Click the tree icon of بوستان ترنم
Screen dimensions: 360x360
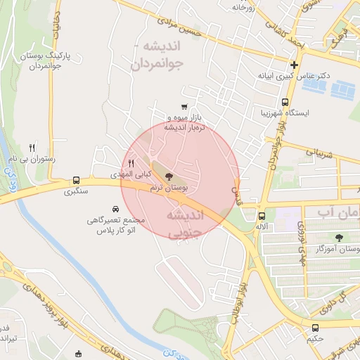tap(168, 176)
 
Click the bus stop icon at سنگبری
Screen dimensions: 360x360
tap(76, 180)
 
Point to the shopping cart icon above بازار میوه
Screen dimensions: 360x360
tap(184, 107)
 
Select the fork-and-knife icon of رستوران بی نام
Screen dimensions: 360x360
tap(32, 148)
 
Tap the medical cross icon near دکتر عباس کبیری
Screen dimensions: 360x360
tap(294, 65)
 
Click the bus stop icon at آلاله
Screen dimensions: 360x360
tap(262, 216)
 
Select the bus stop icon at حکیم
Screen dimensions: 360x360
tap(315, 327)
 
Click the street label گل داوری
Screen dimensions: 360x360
tap(334, 300)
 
